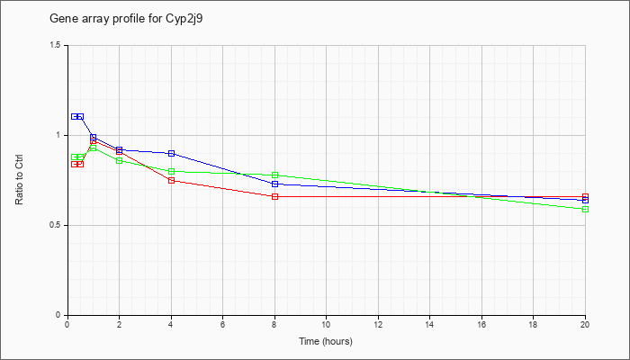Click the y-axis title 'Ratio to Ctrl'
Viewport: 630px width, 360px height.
coord(19,180)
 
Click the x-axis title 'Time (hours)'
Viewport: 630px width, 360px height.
coord(326,341)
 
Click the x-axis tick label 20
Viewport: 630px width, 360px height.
coord(585,324)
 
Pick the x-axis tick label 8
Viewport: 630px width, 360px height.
coord(274,324)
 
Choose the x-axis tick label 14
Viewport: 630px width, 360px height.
coord(430,324)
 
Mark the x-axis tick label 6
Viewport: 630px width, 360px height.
coord(223,324)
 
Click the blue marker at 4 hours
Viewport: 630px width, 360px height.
coord(172,154)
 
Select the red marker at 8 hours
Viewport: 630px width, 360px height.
coord(274,196)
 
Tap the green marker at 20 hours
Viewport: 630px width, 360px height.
coord(585,210)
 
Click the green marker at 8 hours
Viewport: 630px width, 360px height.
coord(274,175)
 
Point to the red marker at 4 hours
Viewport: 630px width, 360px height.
coord(172,180)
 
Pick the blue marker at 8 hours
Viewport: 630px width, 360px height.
coord(274,184)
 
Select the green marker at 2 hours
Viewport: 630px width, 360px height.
coord(120,161)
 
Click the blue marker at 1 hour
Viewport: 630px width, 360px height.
coord(94,138)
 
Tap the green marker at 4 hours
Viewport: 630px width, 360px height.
coord(172,172)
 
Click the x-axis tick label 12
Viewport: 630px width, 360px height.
coord(378,324)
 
